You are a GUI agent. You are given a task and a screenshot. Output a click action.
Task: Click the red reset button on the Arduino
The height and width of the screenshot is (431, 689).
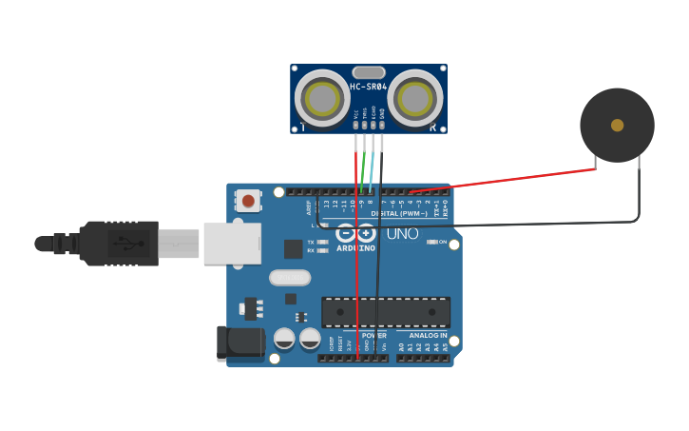click(248, 200)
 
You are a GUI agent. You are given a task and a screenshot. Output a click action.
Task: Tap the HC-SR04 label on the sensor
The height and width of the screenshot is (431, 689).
click(368, 87)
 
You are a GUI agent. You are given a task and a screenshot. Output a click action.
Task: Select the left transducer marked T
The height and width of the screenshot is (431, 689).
click(322, 99)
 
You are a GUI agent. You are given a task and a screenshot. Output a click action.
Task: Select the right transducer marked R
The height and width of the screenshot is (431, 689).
click(414, 99)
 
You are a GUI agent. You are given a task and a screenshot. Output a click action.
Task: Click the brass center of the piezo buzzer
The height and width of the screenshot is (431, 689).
click(617, 125)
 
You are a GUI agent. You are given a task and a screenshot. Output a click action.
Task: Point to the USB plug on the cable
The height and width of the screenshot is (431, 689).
click(119, 243)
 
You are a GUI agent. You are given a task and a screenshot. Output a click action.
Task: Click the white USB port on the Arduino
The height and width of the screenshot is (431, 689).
click(231, 243)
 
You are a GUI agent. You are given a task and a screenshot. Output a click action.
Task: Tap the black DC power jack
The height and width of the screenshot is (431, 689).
click(239, 343)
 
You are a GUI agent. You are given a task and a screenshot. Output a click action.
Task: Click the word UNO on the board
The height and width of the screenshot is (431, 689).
click(402, 233)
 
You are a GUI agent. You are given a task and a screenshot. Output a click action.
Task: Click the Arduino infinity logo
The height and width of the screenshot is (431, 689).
click(354, 233)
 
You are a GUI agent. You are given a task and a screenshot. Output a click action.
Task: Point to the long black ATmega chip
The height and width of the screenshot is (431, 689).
click(386, 312)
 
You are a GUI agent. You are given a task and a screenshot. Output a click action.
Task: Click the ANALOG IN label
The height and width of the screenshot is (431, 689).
click(428, 335)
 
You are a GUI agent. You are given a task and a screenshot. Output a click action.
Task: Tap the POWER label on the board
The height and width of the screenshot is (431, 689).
click(373, 335)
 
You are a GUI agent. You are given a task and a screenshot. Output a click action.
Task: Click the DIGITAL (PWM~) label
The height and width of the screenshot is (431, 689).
click(398, 213)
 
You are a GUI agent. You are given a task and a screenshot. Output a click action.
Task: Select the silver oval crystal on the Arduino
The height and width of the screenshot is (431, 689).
click(290, 278)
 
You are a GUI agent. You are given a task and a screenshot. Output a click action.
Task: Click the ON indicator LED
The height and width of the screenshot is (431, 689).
click(433, 242)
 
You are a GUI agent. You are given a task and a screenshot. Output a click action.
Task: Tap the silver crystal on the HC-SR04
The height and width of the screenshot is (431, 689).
click(368, 72)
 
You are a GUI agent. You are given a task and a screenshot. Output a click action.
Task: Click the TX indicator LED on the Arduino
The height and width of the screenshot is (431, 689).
click(323, 243)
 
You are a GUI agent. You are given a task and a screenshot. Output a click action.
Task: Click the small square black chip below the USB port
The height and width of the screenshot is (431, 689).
click(293, 248)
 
